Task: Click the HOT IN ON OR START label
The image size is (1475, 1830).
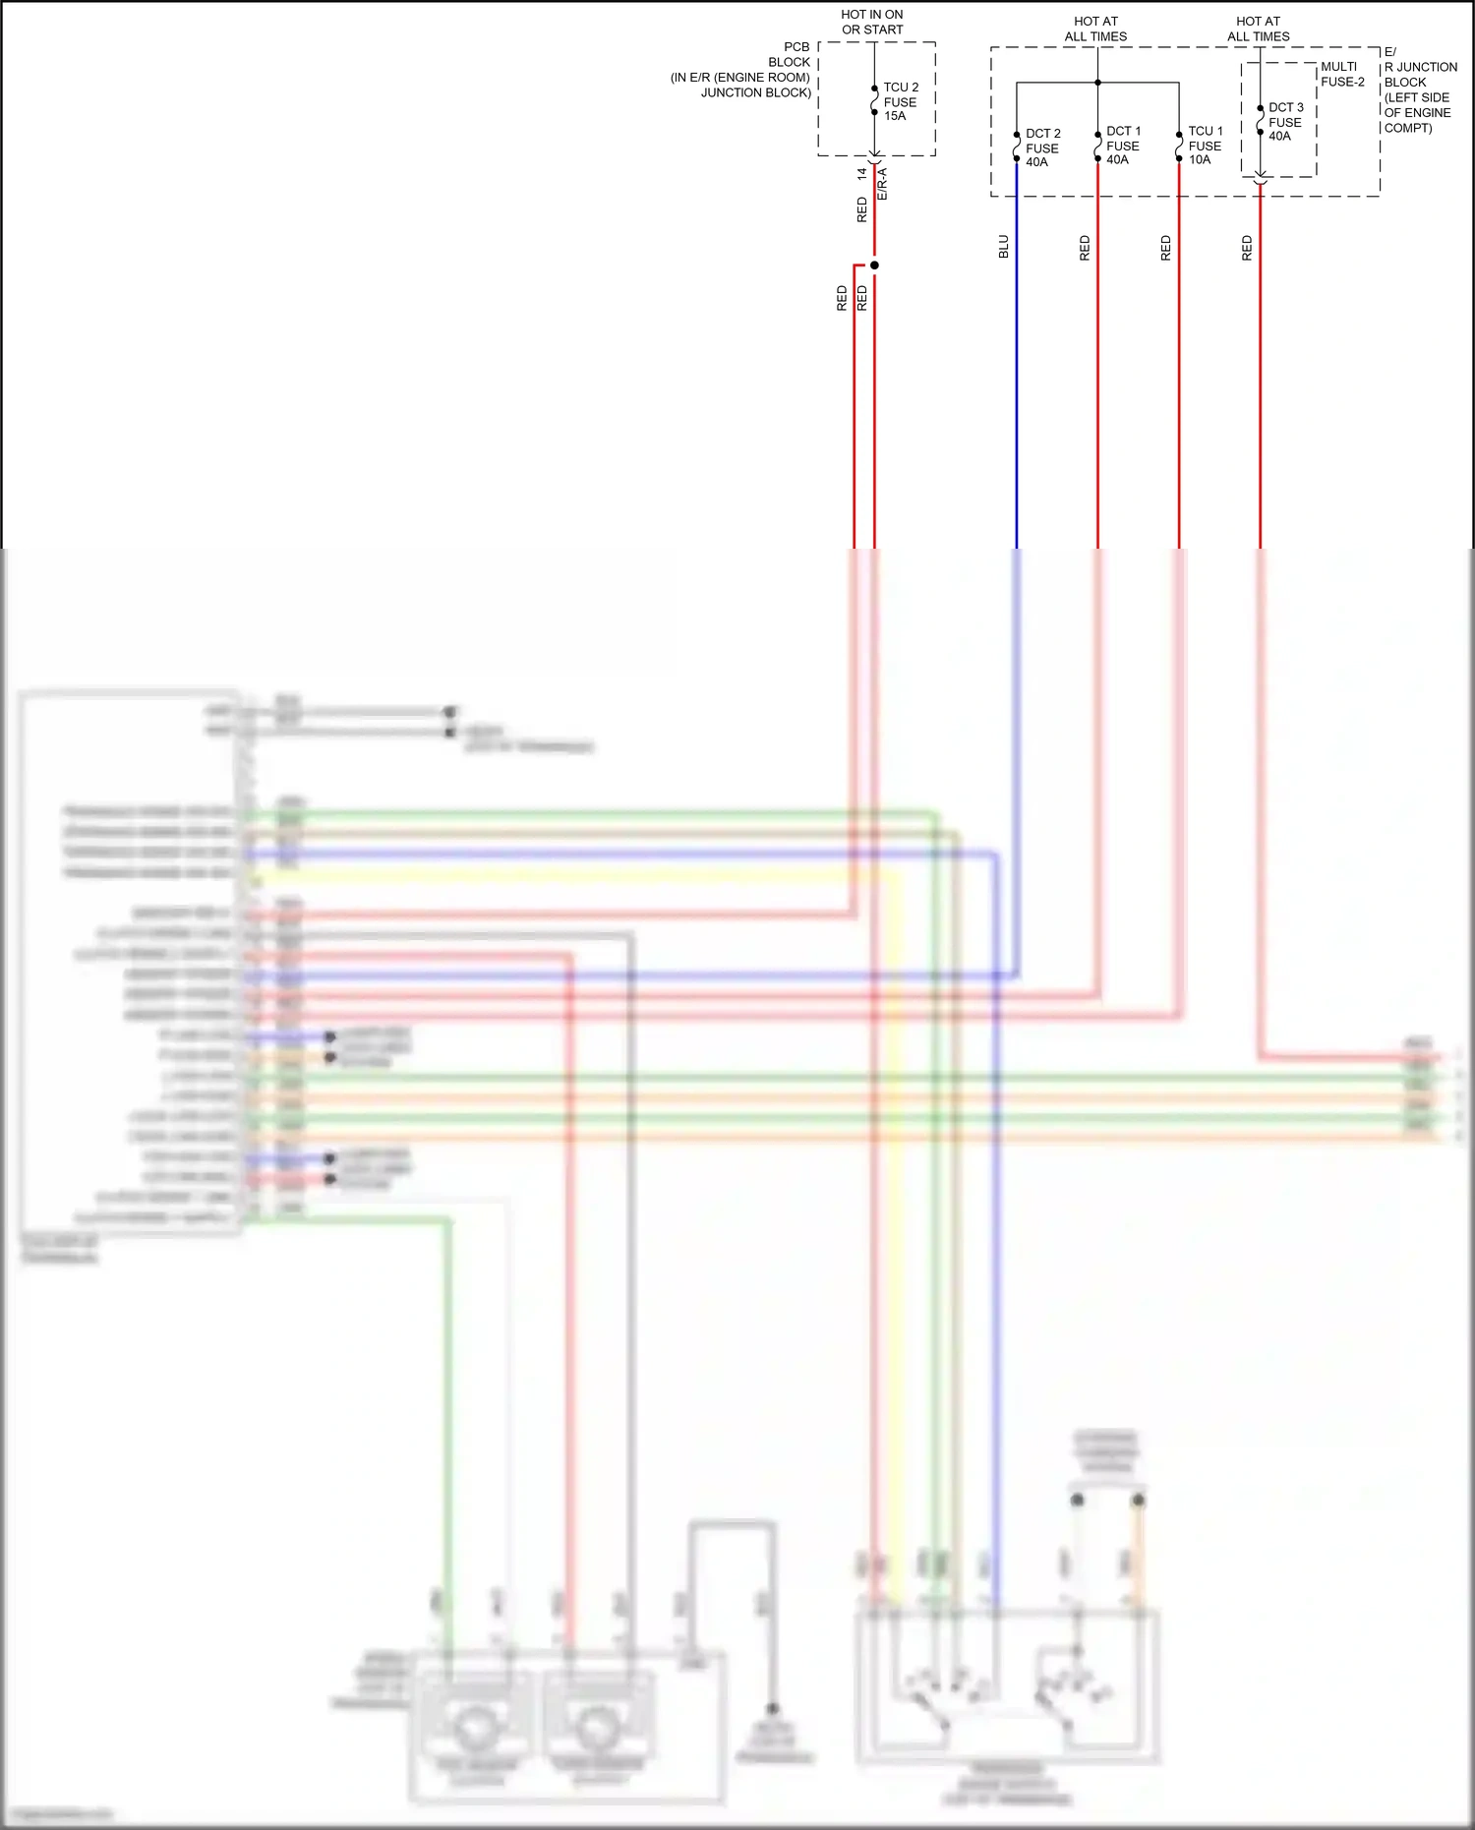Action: coord(872,23)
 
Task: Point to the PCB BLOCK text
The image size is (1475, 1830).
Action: coord(790,54)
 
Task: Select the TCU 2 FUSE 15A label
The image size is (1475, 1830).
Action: coord(900,101)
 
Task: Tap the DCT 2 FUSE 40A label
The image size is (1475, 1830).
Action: coord(1042,148)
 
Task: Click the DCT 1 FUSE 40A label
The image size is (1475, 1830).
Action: coord(1123,146)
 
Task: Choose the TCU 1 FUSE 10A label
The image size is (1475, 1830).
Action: coord(1205,146)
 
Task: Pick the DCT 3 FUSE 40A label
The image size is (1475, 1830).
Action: coord(1285,122)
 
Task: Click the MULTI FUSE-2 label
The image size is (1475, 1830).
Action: coord(1342,75)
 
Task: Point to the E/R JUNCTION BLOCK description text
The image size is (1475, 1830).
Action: coord(1420,89)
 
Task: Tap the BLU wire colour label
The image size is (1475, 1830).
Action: coord(1004,247)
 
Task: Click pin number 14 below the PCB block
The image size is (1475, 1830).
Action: coord(862,174)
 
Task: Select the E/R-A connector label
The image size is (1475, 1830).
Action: coord(882,185)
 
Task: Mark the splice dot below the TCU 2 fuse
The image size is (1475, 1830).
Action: coord(874,266)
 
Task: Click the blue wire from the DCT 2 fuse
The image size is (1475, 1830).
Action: coord(1017,393)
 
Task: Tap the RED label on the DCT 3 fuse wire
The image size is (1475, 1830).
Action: coord(1248,248)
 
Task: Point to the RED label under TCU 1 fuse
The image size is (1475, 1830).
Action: coord(1166,248)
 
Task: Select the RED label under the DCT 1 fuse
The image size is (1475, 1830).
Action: coord(1086,248)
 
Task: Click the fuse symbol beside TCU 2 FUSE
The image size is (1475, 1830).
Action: coord(874,100)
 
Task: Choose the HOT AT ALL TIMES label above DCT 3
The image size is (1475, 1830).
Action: coord(1258,29)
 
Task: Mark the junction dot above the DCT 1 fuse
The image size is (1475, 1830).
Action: coord(1097,83)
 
